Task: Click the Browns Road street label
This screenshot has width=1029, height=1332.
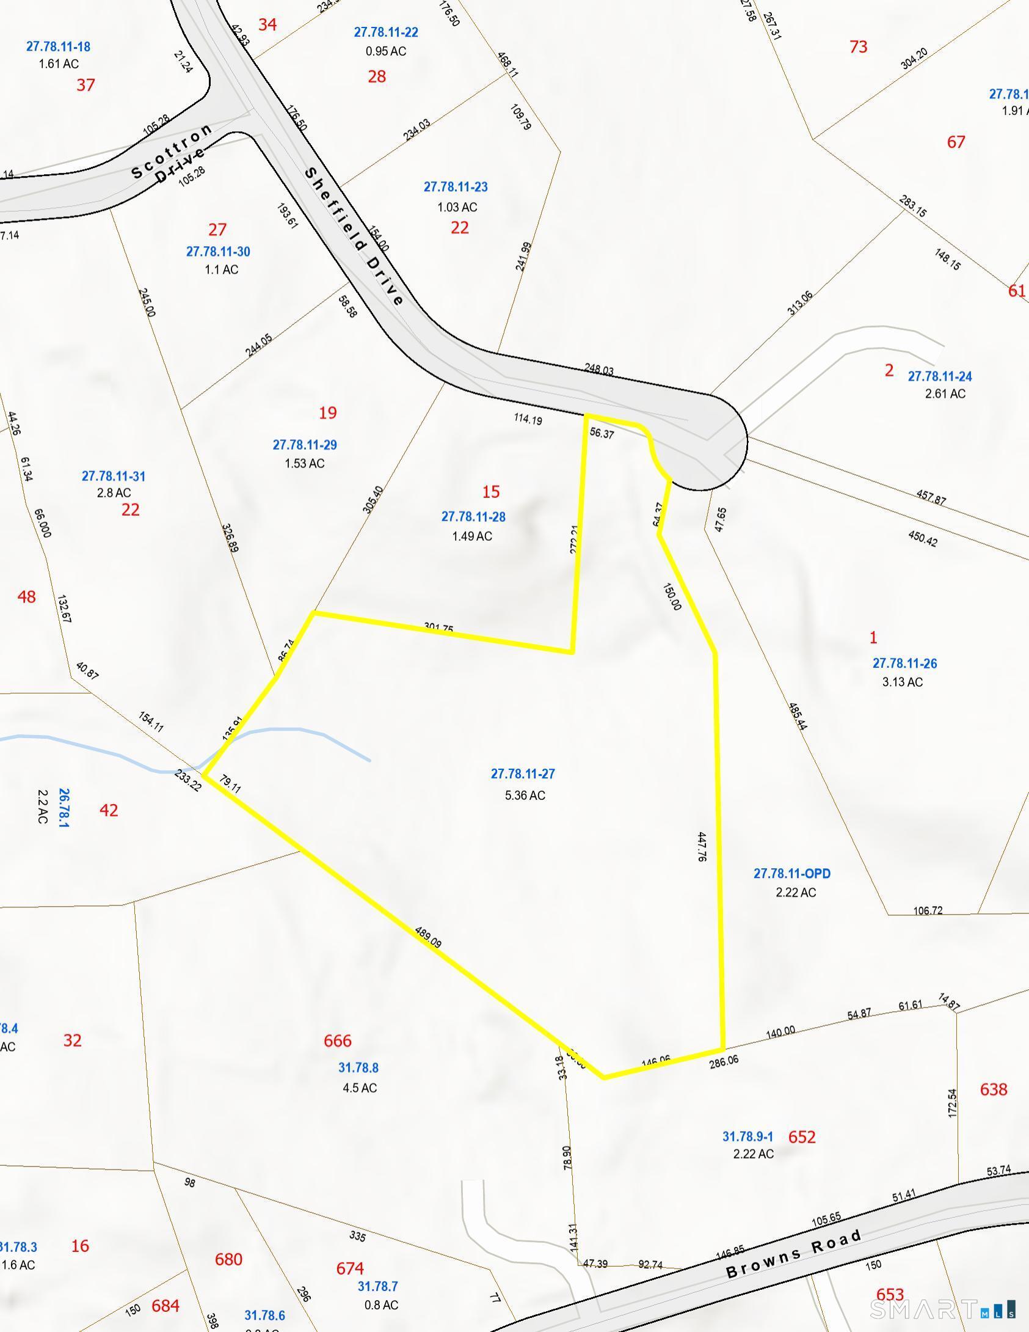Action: coord(794,1254)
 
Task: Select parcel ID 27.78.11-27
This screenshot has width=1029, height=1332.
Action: coord(523,774)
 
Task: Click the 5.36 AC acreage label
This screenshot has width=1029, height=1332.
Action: coord(525,795)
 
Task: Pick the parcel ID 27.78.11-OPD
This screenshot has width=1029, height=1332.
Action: coord(792,874)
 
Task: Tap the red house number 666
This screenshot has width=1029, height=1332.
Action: coord(338,1041)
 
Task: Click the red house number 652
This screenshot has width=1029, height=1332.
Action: coord(802,1136)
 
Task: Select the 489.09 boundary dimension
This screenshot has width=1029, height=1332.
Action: coord(428,937)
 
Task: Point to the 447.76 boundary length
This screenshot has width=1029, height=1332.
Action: coord(702,846)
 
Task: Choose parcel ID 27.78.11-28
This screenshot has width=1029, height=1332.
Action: coord(473,517)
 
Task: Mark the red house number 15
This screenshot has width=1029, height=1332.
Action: coord(491,492)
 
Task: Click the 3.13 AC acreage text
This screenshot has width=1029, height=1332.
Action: coord(903,682)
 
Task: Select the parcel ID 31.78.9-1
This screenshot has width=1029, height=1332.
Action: coord(748,1136)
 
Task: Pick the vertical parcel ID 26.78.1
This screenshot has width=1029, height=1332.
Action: coord(64,808)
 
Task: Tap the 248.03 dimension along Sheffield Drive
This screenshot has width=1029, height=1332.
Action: coord(599,369)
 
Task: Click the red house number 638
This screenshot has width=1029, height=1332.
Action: coord(994,1089)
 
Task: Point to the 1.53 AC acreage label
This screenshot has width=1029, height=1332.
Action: coord(305,463)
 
